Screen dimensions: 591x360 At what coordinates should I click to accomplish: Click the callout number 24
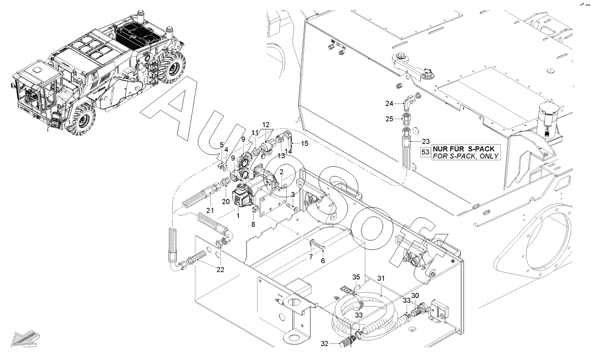click(x=389, y=103)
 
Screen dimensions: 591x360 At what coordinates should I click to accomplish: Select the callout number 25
click(x=389, y=119)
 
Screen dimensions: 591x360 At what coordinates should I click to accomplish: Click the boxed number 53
click(x=426, y=152)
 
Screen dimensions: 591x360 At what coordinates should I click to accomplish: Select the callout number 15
click(x=305, y=143)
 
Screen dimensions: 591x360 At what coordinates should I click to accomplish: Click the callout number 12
click(x=266, y=125)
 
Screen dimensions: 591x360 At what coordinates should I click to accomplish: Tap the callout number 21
click(x=210, y=210)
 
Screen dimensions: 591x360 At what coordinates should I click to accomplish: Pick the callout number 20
click(x=226, y=202)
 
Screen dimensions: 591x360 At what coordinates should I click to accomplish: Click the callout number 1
click(x=238, y=216)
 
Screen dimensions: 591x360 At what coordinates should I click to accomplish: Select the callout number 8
click(x=253, y=224)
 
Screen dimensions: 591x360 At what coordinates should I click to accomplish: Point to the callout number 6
click(x=323, y=261)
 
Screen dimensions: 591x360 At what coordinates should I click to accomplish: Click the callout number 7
click(x=311, y=257)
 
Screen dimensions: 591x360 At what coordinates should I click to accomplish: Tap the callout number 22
click(x=220, y=270)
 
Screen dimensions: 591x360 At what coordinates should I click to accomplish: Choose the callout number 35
click(x=356, y=277)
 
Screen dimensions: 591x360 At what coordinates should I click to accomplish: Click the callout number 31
click(x=381, y=278)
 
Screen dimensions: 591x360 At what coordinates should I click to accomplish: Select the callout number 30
click(x=415, y=296)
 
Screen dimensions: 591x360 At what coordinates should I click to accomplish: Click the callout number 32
click(x=325, y=343)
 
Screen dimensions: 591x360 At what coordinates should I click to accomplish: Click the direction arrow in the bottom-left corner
click(x=25, y=339)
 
